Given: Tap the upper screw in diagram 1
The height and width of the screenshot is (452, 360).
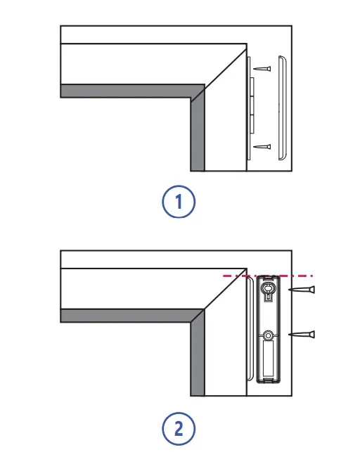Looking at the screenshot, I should tap(262, 69).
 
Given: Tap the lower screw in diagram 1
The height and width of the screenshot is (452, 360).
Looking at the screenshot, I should tap(262, 147).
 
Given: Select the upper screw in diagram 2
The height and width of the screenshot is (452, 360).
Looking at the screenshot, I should tap(302, 290).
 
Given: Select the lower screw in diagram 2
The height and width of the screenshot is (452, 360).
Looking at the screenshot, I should tap(302, 335).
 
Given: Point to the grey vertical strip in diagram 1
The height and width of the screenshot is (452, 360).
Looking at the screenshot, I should tap(198, 134).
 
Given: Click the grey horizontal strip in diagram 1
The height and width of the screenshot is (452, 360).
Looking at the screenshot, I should tap(127, 91).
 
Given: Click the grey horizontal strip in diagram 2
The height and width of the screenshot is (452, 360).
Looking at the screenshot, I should tap(127, 316).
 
